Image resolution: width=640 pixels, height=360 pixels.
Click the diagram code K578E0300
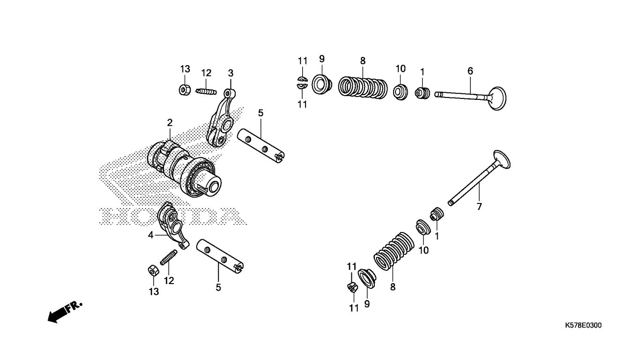tap(583, 325)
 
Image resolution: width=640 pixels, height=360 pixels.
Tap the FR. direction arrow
tap(65, 312)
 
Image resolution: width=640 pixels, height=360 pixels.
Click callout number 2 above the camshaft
tap(170, 123)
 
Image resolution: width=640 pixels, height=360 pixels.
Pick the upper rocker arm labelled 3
tap(221, 118)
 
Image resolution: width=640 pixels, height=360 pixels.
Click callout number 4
tap(150, 235)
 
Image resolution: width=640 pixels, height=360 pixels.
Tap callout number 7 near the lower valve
tap(479, 206)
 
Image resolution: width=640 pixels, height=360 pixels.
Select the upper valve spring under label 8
tap(363, 88)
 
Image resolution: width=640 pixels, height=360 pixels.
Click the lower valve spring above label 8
tap(394, 251)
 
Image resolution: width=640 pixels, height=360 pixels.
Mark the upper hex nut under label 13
tap(185, 90)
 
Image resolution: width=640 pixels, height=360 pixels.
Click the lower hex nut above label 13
tap(153, 270)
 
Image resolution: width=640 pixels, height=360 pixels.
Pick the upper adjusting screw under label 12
tap(206, 91)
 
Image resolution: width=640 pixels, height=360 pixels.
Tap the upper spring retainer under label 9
tap(322, 83)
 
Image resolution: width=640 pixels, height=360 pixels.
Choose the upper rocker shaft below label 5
tap(260, 146)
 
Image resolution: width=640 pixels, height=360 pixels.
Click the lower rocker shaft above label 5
tap(220, 256)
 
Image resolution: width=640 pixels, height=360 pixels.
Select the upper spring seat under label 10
tap(400, 92)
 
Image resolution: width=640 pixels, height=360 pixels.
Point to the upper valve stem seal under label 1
tap(422, 93)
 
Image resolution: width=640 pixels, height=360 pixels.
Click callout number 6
tap(470, 71)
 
